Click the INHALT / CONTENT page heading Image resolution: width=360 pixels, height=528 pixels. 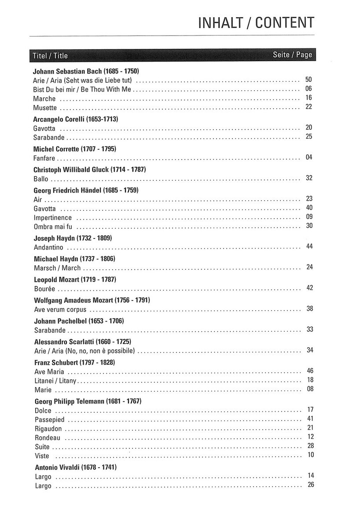(x=257, y=22)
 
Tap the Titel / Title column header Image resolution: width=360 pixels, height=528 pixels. (x=50, y=55)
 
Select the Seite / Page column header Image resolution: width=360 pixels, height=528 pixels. (x=292, y=55)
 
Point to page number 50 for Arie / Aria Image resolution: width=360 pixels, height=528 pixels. (x=309, y=80)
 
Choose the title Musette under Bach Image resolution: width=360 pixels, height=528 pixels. (x=45, y=107)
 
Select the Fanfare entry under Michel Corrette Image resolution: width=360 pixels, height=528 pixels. (x=44, y=158)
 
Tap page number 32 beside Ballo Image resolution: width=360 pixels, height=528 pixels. (x=309, y=178)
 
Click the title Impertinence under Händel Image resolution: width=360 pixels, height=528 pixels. (x=53, y=218)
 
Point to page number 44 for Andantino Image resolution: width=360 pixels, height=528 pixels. (x=309, y=246)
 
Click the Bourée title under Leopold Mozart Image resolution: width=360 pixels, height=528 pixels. (x=44, y=289)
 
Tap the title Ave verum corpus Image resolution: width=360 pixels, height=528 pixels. (x=60, y=309)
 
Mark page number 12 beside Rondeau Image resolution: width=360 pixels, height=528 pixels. (x=310, y=436)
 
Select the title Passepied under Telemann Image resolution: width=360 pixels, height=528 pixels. (x=49, y=419)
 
